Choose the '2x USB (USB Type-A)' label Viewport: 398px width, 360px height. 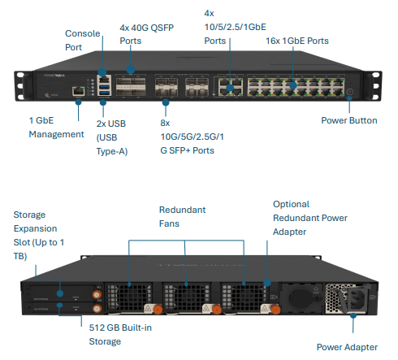(111, 137)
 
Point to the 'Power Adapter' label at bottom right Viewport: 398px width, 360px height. (346, 346)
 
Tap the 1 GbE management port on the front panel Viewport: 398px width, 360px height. (78, 92)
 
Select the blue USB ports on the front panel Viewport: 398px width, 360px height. (103, 92)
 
